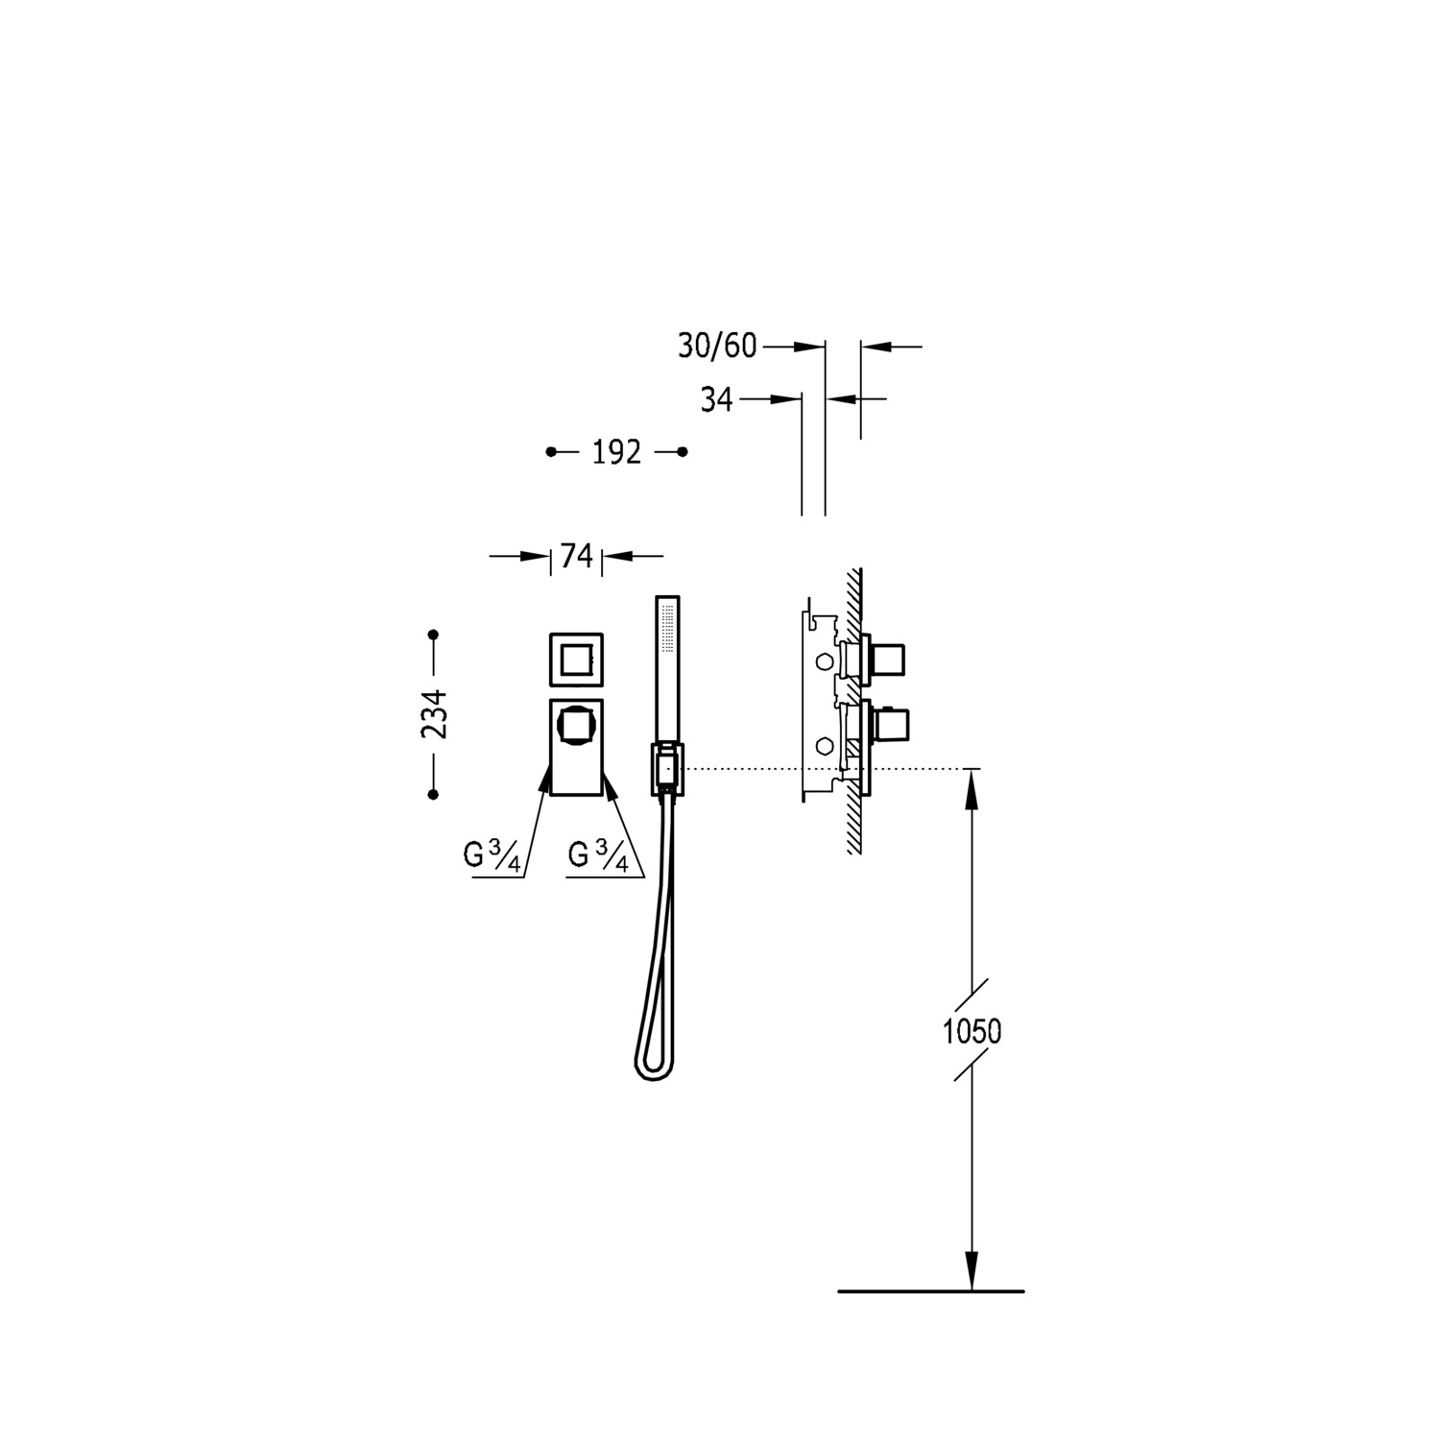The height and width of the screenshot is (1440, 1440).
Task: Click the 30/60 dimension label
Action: click(717, 347)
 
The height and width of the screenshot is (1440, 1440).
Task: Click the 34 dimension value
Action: click(716, 399)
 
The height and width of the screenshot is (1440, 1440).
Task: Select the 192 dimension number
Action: click(615, 452)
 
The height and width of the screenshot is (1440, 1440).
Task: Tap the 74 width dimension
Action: click(576, 556)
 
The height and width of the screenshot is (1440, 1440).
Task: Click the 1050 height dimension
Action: click(972, 1032)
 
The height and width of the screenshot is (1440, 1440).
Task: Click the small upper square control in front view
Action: click(576, 660)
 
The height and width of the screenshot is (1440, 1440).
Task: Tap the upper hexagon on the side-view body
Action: click(823, 662)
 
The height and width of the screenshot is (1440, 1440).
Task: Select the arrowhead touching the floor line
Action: click(972, 1274)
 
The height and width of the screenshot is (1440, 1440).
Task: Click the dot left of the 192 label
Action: click(551, 452)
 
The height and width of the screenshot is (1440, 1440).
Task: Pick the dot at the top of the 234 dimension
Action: click(434, 635)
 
